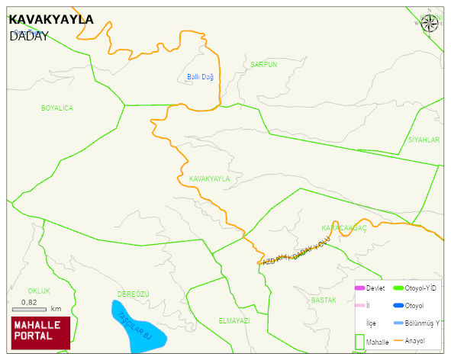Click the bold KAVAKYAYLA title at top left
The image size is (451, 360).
[x=51, y=19]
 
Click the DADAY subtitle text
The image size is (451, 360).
[x=29, y=36]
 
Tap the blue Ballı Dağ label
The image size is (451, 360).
[x=200, y=77]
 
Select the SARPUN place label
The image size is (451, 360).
[x=263, y=65]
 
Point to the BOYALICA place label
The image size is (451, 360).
[x=57, y=108]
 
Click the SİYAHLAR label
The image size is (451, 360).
[x=424, y=140]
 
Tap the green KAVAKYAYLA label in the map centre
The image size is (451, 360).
[x=209, y=178]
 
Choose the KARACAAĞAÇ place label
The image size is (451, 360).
[x=344, y=228]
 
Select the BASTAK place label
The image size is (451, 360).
[x=324, y=301]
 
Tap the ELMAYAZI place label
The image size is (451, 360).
[x=234, y=321]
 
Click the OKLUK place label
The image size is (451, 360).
[x=39, y=291]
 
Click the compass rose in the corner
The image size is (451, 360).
[x=430, y=22]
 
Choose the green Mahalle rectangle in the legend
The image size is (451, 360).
[x=359, y=341]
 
